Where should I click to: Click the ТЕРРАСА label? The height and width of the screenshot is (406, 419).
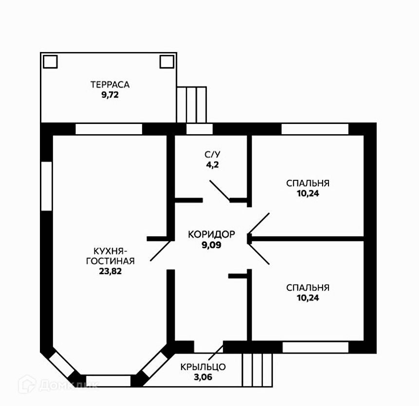109,85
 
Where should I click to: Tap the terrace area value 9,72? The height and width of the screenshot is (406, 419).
110,95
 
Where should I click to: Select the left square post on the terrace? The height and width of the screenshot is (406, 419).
50,62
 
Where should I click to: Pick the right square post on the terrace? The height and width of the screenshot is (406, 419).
167,62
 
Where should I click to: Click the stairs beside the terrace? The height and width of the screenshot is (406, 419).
191,105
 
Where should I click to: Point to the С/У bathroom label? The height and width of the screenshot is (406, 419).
212,155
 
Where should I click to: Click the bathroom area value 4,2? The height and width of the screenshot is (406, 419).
212,165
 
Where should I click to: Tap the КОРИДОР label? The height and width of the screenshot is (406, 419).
212,234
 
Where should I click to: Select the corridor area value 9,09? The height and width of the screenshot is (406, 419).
212,245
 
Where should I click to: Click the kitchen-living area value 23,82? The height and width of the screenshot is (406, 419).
110,271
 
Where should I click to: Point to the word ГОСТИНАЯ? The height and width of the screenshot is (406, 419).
110,261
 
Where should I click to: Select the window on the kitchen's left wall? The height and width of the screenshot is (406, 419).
46,186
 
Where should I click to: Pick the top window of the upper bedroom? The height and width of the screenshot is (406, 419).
315,129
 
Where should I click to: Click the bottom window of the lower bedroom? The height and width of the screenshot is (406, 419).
315,347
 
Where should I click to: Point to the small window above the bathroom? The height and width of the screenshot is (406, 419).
200,129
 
